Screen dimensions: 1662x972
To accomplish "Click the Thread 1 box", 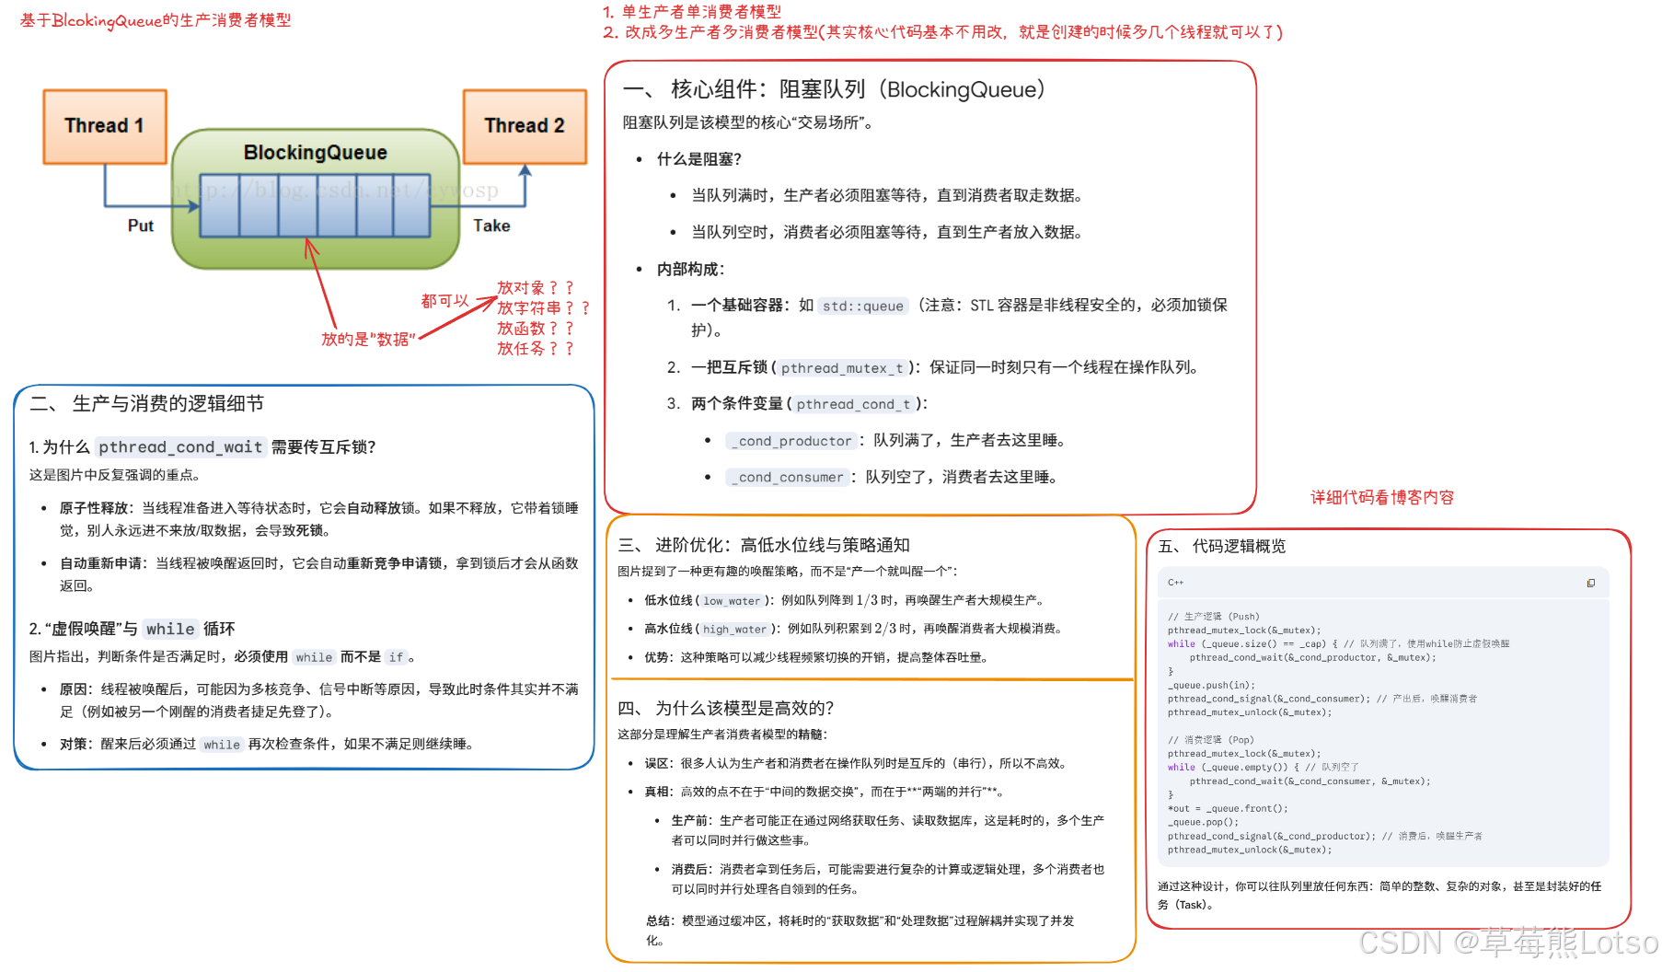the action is pyautogui.click(x=105, y=126).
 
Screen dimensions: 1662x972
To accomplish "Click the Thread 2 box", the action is pyautogui.click(x=525, y=126).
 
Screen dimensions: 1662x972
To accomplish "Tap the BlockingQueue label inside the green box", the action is pyautogui.click(x=315, y=153).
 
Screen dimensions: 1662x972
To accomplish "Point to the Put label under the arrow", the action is pyautogui.click(x=140, y=226).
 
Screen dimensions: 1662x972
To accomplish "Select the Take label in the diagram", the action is pyautogui.click(x=491, y=226).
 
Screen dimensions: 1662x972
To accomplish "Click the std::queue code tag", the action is pyautogui.click(x=862, y=306).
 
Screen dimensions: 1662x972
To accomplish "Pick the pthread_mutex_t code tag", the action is pyautogui.click(x=842, y=368).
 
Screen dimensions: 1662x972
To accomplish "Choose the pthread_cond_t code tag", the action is pyautogui.click(x=853, y=404).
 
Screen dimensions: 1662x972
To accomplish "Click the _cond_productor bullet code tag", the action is pyautogui.click(x=791, y=441).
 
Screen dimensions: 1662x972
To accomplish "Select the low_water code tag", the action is pyautogui.click(x=732, y=601).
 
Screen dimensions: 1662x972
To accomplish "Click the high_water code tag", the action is pyautogui.click(x=734, y=630).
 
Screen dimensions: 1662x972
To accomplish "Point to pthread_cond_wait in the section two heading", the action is pyautogui.click(x=180, y=447).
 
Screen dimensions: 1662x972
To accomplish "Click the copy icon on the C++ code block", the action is pyautogui.click(x=1590, y=583).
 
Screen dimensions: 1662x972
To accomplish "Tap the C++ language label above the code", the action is pyautogui.click(x=1175, y=583).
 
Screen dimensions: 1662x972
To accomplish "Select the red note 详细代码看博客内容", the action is pyautogui.click(x=1381, y=498).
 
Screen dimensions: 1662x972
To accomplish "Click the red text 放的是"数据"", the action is pyautogui.click(x=368, y=340).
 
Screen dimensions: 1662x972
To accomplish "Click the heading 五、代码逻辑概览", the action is pyautogui.click(x=1221, y=547).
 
